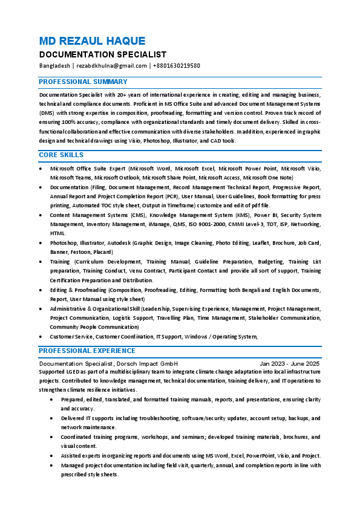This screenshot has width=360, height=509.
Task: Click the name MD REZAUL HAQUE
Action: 92,41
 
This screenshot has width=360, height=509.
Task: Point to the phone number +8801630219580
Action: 177,66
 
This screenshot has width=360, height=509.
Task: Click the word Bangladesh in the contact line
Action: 54,66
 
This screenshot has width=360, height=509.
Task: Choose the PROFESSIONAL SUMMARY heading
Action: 83,82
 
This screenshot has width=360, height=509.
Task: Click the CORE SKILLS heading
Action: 61,155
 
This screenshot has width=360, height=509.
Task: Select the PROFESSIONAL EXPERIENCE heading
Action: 87,351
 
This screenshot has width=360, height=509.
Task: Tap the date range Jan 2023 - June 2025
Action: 289,364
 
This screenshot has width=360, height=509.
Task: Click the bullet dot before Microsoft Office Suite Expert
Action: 41,169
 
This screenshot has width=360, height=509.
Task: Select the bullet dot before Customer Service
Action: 41,337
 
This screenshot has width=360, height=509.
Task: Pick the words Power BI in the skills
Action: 265,215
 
